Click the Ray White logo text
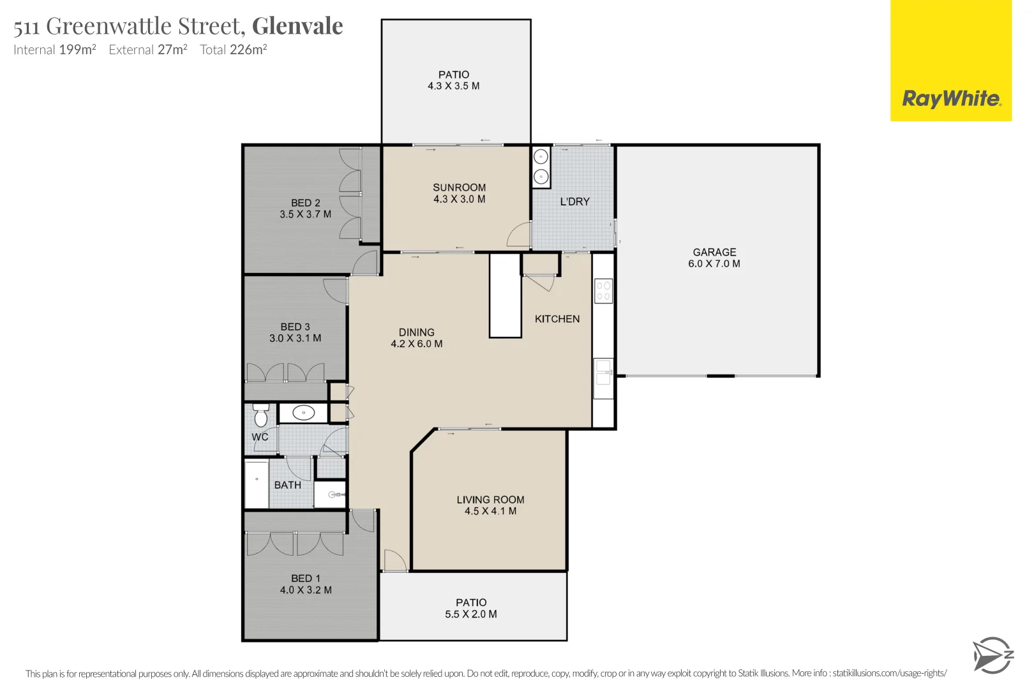[x=951, y=99]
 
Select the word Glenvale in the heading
[x=297, y=26]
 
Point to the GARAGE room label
[x=714, y=252]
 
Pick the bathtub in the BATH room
[x=257, y=485]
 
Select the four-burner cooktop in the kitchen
[x=603, y=291]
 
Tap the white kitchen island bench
[x=505, y=296]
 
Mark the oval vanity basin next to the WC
[x=304, y=413]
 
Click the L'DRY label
[x=574, y=202]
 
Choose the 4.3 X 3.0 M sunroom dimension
[x=459, y=199]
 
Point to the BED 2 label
[x=305, y=203]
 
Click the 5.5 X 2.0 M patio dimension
[x=471, y=614]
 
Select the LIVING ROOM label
[x=490, y=500]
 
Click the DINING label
[x=416, y=332]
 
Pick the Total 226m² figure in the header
[x=233, y=50]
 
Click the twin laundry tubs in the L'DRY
[x=541, y=167]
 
